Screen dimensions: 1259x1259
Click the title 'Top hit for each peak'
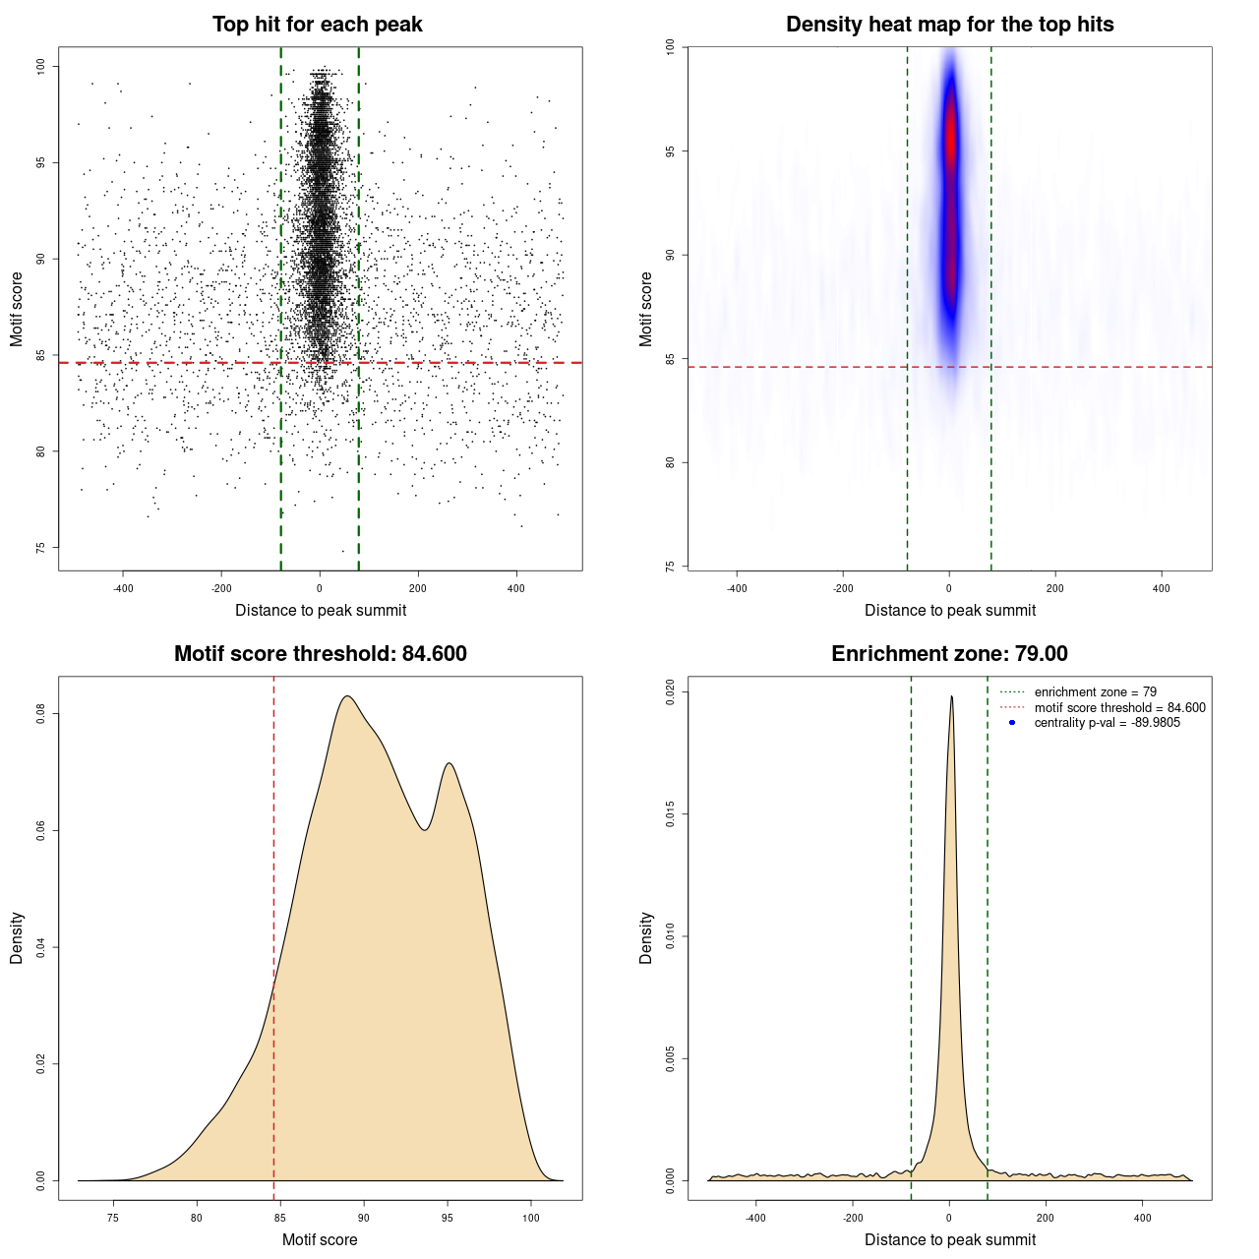[317, 25]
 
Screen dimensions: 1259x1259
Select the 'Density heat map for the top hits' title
[949, 25]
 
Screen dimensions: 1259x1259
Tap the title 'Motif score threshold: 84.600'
[320, 654]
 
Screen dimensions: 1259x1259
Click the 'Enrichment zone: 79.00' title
[949, 654]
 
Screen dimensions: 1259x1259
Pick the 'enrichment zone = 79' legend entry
[1095, 692]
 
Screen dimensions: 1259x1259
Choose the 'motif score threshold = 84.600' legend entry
[1119, 707]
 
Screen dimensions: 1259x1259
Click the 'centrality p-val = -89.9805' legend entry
[1107, 723]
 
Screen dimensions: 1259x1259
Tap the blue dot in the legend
[1012, 723]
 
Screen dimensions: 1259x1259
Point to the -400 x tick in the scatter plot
[123, 588]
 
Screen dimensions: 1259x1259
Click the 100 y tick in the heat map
[670, 47]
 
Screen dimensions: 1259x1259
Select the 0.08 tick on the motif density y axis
[40, 714]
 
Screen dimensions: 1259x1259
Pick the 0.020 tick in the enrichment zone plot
[670, 692]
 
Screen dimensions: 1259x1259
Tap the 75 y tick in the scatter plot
[40, 548]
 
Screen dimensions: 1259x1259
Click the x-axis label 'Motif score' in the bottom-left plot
[320, 1239]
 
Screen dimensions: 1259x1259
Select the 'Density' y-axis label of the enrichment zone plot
[646, 937]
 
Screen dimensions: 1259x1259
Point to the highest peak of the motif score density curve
[346, 696]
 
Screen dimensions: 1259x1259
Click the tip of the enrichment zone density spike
[951, 696]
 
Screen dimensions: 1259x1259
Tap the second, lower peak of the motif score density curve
[449, 763]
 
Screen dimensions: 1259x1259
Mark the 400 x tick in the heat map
[1162, 588]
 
